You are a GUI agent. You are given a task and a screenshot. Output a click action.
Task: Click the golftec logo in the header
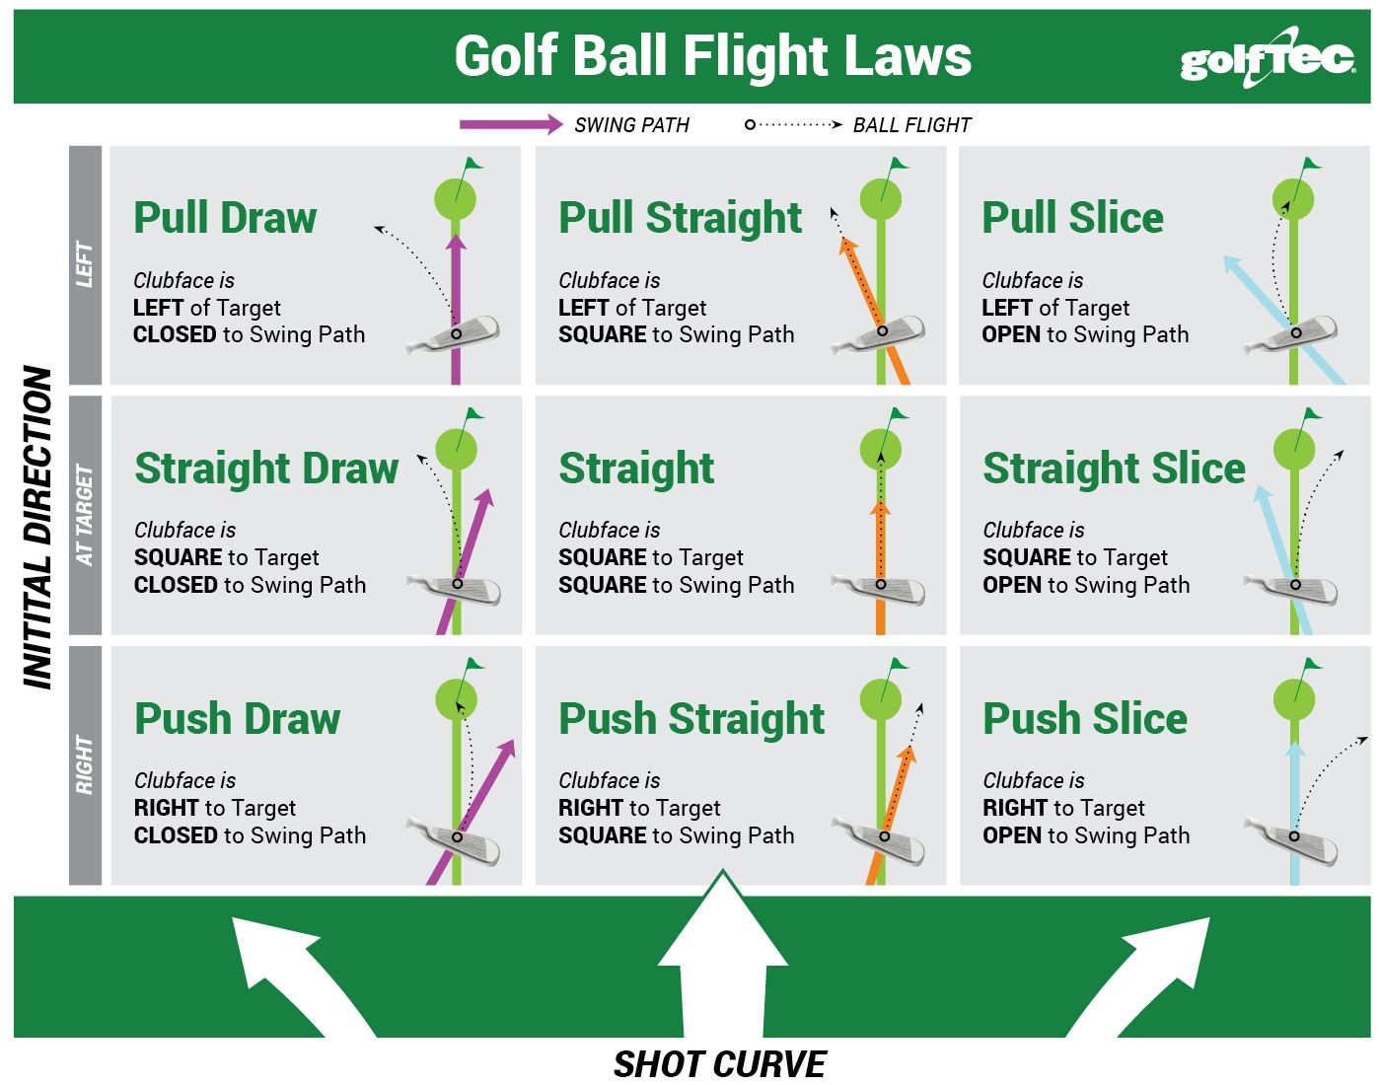pyautogui.click(x=1267, y=58)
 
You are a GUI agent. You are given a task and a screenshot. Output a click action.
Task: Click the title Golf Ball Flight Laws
pyautogui.click(x=712, y=56)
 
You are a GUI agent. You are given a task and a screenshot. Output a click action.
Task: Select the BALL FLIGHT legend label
pyautogui.click(x=911, y=125)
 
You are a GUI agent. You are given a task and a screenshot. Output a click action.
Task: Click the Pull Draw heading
pyautogui.click(x=225, y=218)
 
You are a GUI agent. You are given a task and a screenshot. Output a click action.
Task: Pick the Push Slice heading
pyautogui.click(x=1084, y=719)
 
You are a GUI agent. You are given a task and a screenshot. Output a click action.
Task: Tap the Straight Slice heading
pyautogui.click(x=1114, y=469)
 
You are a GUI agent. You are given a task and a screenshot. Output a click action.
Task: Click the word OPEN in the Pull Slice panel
pyautogui.click(x=1010, y=335)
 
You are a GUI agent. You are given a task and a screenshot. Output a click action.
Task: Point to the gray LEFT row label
pyautogui.click(x=86, y=264)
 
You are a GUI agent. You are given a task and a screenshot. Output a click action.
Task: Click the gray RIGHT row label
pyautogui.click(x=86, y=765)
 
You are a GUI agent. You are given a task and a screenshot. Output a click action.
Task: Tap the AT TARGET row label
pyautogui.click(x=86, y=515)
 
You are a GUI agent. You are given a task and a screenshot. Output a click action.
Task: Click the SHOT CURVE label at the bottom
pyautogui.click(x=719, y=1064)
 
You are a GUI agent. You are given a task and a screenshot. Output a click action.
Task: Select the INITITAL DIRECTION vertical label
pyautogui.click(x=38, y=528)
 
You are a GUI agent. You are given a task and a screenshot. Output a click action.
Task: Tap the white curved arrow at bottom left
pyautogui.click(x=286, y=972)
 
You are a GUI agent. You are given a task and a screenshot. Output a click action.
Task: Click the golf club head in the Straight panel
pyautogui.click(x=881, y=588)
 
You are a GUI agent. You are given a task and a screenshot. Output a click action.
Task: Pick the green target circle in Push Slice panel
pyautogui.click(x=1294, y=700)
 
